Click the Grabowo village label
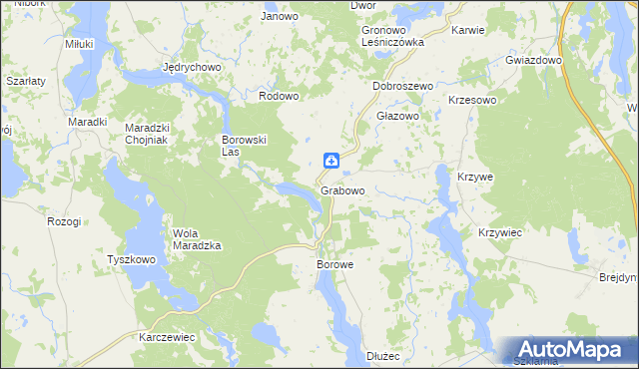point(342,190)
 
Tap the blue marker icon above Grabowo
point(330,161)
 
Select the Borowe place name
point(335,265)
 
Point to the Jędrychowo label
point(191,68)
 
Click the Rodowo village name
point(280,96)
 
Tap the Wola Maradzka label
point(197,238)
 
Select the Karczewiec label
point(167,337)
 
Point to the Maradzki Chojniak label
point(151,134)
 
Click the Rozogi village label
point(63,221)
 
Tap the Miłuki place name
point(79,44)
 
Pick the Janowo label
point(280,16)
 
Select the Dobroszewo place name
point(402,87)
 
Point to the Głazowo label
point(396,116)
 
